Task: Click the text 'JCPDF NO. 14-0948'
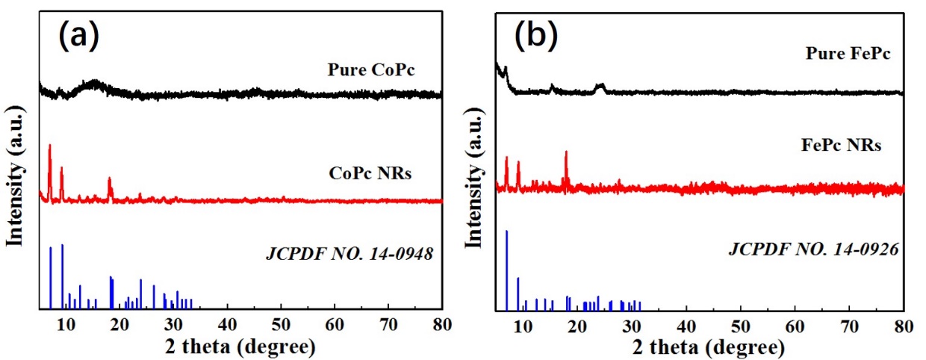350,253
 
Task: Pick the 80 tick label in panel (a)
442,324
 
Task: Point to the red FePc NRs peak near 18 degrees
566,154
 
